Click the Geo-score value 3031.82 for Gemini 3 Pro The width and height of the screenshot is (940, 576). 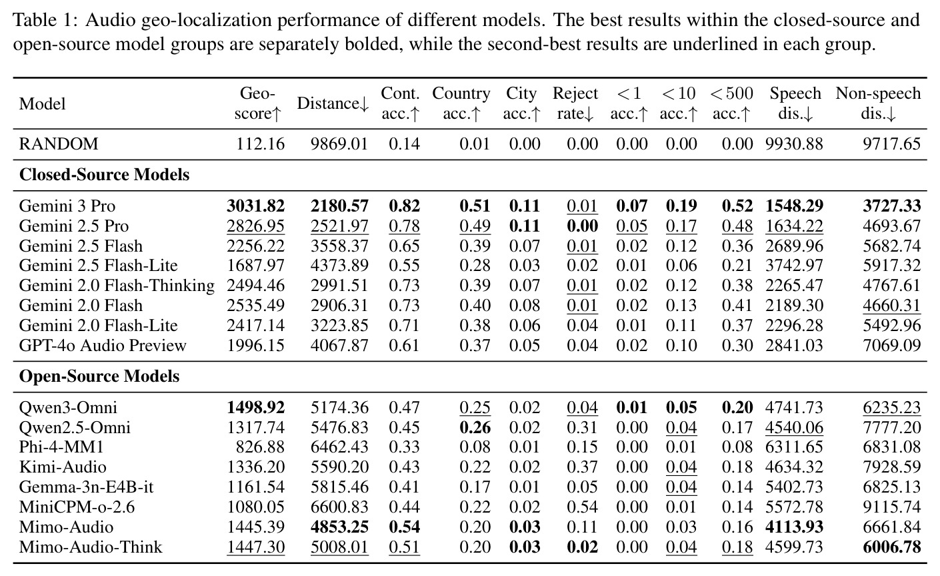click(x=255, y=206)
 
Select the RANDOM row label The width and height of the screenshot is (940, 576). click(x=58, y=144)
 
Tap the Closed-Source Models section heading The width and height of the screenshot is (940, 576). click(x=104, y=175)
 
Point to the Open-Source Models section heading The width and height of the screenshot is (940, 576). click(x=99, y=376)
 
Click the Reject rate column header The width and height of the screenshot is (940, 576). click(x=575, y=103)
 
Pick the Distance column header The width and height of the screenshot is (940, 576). click(x=333, y=103)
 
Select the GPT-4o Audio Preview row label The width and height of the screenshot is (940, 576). click(x=103, y=345)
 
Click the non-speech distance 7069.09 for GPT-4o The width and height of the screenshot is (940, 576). click(x=892, y=345)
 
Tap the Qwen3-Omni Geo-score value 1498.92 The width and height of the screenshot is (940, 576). click(x=255, y=408)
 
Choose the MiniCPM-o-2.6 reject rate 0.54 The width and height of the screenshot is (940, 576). click(x=582, y=507)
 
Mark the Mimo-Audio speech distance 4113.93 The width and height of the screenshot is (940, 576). click(x=794, y=527)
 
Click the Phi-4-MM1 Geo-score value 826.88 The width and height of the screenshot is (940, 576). click(x=260, y=447)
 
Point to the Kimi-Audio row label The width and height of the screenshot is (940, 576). click(x=63, y=467)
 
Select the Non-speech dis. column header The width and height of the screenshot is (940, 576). click(x=878, y=103)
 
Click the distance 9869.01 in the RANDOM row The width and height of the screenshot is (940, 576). click(x=339, y=144)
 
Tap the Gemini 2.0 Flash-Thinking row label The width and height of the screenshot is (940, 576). click(x=117, y=286)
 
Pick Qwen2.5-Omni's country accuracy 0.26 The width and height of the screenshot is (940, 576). click(x=475, y=427)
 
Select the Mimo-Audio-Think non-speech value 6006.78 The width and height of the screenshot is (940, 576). click(x=892, y=547)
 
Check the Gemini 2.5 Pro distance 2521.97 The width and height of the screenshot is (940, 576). click(x=339, y=226)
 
